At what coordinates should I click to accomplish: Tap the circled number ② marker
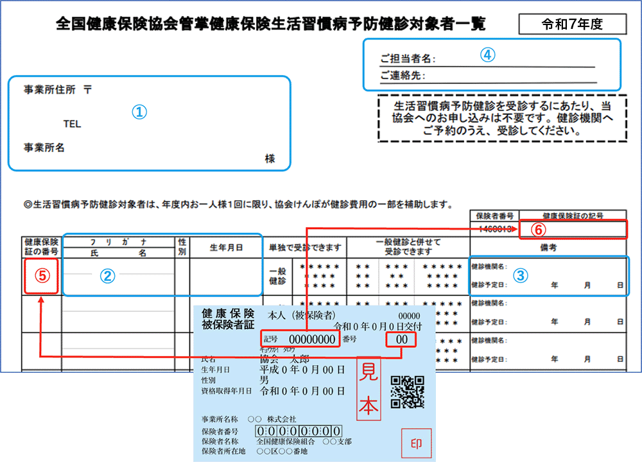point(107,276)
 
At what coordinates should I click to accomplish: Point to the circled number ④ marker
point(488,55)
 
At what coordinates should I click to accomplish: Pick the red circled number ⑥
point(539,229)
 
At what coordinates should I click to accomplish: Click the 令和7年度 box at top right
point(572,24)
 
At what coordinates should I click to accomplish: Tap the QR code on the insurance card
point(407,391)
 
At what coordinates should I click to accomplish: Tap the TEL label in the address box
point(72,124)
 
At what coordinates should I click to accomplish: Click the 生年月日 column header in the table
point(226,247)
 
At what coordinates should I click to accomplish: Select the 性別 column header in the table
point(182,247)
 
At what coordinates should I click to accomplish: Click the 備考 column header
point(548,247)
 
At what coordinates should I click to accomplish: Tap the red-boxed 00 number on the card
point(402,339)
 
